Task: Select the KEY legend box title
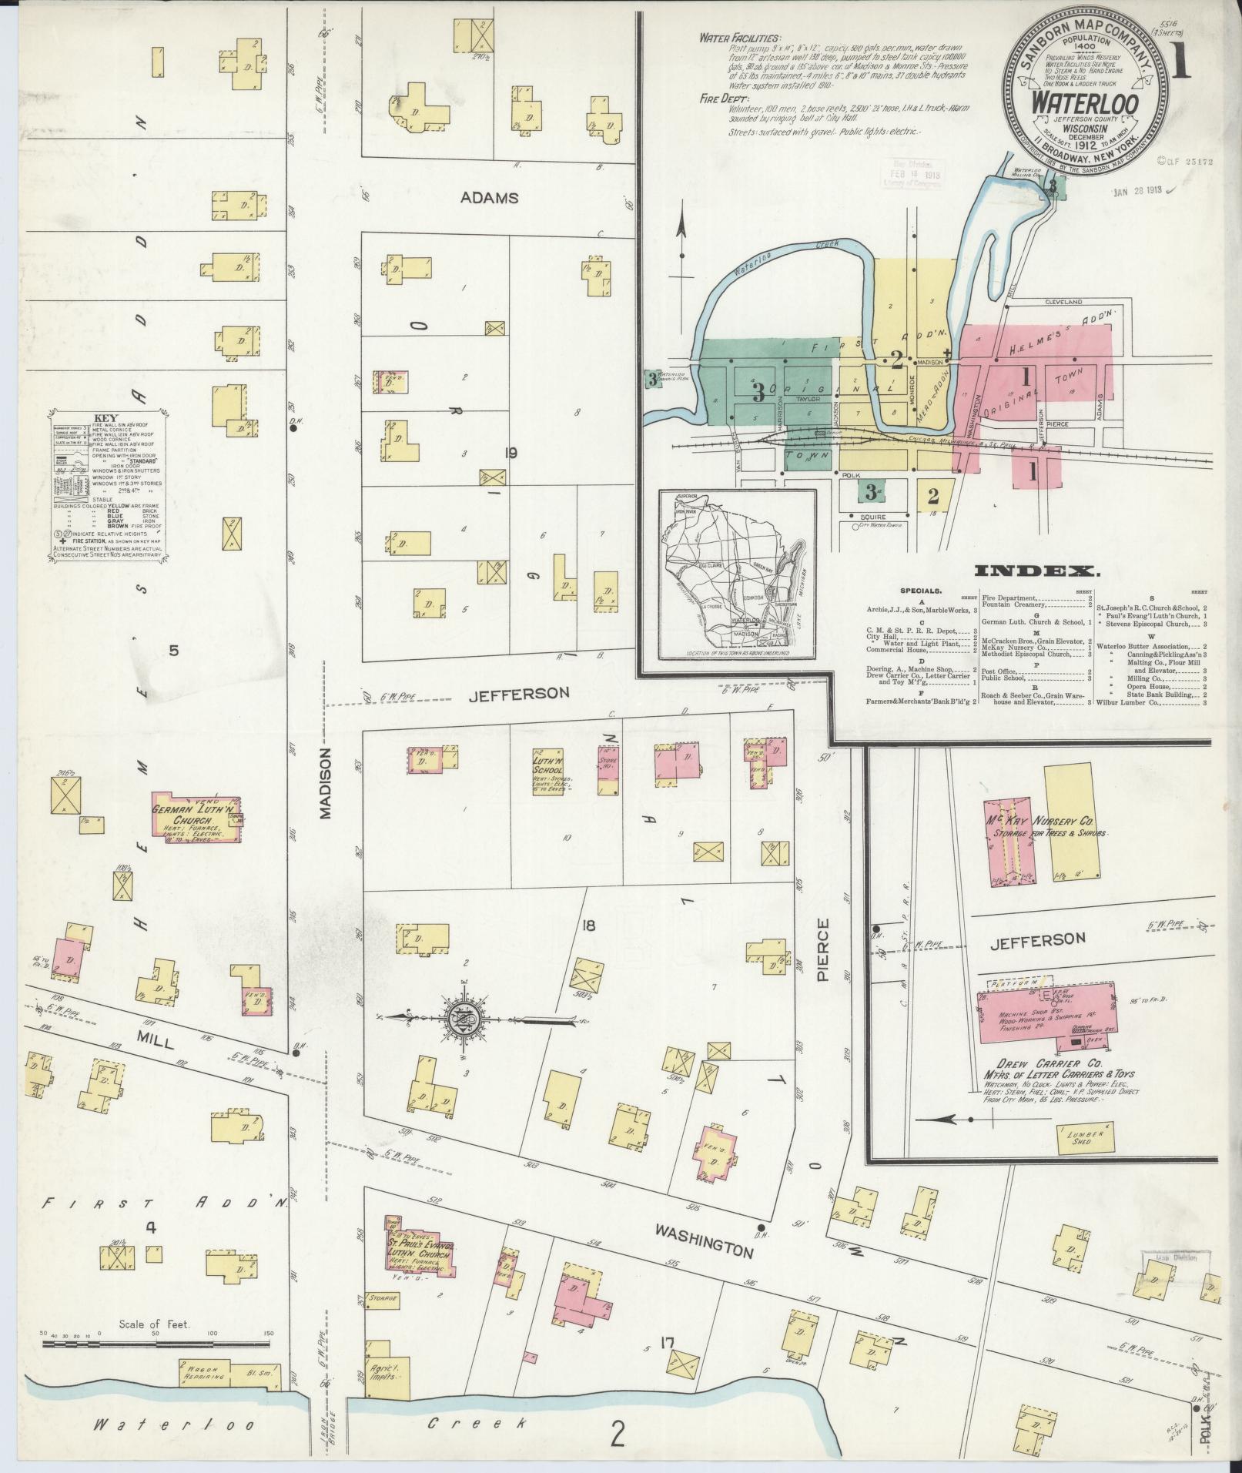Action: pos(110,417)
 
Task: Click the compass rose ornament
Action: pos(467,1016)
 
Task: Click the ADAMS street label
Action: pos(489,198)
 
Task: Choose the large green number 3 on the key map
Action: pos(758,393)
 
